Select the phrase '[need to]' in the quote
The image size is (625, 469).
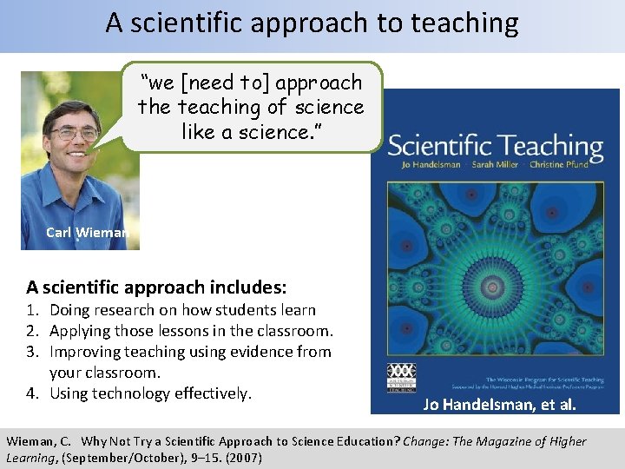click(x=223, y=83)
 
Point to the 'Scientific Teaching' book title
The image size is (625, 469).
click(x=495, y=145)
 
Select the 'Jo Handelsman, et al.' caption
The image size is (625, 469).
click(x=498, y=404)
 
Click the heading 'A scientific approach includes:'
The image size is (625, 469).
click(x=157, y=287)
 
